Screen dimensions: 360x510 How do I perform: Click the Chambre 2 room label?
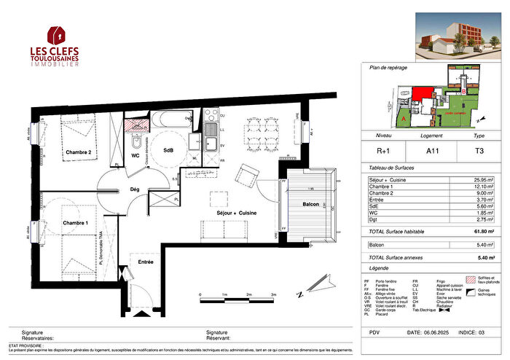tap(78, 152)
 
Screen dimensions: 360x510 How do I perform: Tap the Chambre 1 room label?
tap(75, 222)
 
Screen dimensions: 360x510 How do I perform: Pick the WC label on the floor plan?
tap(135, 155)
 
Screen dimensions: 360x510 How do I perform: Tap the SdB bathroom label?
tap(168, 149)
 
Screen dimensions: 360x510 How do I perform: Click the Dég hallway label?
tap(134, 189)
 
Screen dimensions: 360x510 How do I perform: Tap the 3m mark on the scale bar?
tap(272, 295)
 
